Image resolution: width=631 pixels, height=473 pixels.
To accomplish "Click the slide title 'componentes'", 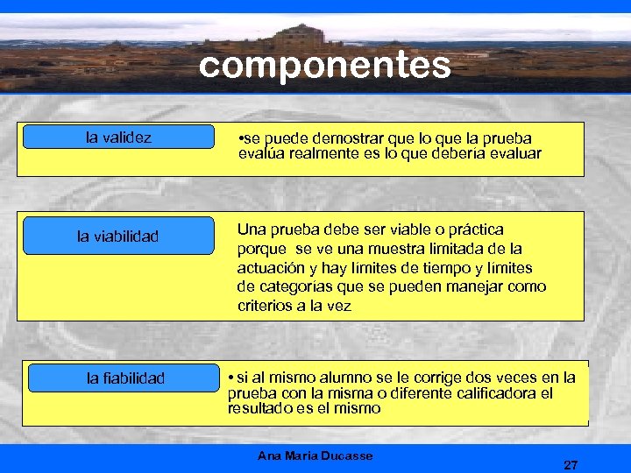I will pyautogui.click(x=324, y=65).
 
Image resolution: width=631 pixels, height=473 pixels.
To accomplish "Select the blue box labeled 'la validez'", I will pyautogui.click(x=118, y=137).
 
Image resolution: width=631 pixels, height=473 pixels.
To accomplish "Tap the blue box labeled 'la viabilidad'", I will pyautogui.click(x=118, y=236).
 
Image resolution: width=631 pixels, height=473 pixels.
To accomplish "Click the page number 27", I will pyautogui.click(x=571, y=464).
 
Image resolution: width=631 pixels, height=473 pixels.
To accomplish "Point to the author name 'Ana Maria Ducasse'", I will pyautogui.click(x=315, y=455).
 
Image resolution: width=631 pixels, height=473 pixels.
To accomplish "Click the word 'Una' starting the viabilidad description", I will pyautogui.click(x=251, y=229).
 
